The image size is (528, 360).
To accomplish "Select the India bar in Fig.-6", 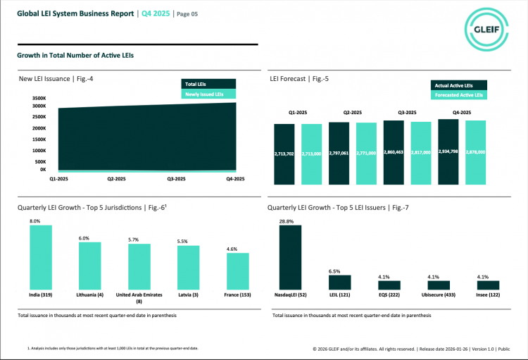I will coord(40,256).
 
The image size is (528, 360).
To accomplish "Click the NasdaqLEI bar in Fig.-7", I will coord(290,257).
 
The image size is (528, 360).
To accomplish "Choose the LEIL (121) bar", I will coord(339,282).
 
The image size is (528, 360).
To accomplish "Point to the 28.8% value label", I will coord(287,221).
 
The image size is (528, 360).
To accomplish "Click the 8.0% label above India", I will coord(35,221).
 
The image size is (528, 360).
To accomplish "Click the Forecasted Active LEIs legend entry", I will coord(458,94).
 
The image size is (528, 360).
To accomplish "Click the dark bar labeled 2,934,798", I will coord(448,152).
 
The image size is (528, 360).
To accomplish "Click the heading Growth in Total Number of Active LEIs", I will coord(75,55).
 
